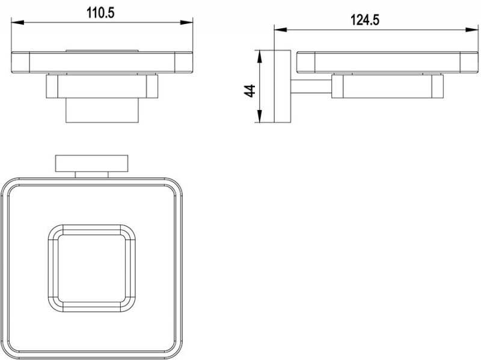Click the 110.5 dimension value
tap(100, 13)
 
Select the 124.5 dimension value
tap(365, 20)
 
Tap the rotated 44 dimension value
tap(251, 91)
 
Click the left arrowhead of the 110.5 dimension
tap(17, 22)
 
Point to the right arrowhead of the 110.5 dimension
tap(186, 22)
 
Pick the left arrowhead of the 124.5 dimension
tap(280, 29)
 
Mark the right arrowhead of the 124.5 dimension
tap(472, 29)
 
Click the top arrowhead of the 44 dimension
tap(260, 56)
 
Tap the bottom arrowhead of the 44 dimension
tap(260, 117)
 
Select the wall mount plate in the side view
tap(282, 86)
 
